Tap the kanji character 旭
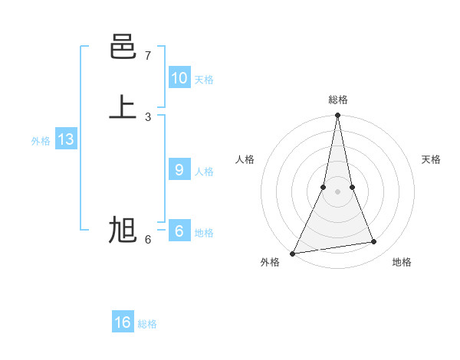tap(123, 230)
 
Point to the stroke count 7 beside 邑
tap(148, 56)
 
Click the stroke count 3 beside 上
tap(148, 116)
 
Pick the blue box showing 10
tap(179, 77)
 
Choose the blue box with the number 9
tap(179, 170)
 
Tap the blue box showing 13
tap(66, 139)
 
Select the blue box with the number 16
tap(123, 322)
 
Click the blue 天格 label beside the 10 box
tap(204, 80)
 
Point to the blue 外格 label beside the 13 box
tap(41, 141)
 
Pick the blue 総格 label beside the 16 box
tap(147, 324)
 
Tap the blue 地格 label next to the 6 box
tap(204, 233)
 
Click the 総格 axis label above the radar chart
tap(337, 100)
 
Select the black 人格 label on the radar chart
tap(245, 159)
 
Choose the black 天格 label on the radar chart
tap(431, 159)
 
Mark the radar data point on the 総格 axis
tap(337, 116)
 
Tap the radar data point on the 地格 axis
tap(374, 242)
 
